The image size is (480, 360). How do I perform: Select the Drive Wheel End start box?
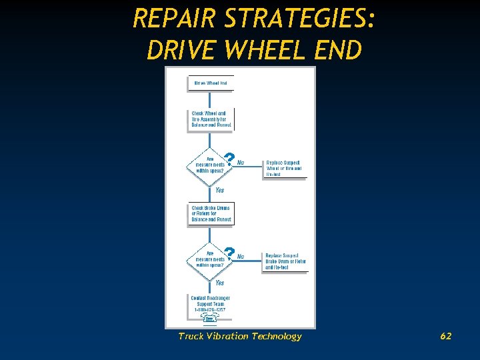click(210, 83)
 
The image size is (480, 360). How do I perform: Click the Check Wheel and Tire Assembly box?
click(210, 119)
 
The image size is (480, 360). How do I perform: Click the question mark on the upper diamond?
click(229, 158)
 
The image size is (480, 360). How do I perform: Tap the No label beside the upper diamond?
click(241, 163)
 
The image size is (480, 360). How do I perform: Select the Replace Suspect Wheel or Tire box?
click(284, 168)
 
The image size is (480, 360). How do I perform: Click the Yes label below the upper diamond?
click(219, 190)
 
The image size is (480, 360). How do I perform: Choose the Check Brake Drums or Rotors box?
click(211, 213)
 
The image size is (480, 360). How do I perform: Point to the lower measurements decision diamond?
click(209, 259)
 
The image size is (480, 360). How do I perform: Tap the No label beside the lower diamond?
click(241, 256)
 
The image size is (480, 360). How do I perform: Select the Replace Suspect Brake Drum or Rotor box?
click(285, 261)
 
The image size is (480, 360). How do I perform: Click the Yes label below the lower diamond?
click(219, 283)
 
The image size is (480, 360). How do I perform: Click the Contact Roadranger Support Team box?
click(209, 303)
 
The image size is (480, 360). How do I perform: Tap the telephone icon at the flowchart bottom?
click(209, 319)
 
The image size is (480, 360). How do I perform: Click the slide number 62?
click(446, 336)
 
